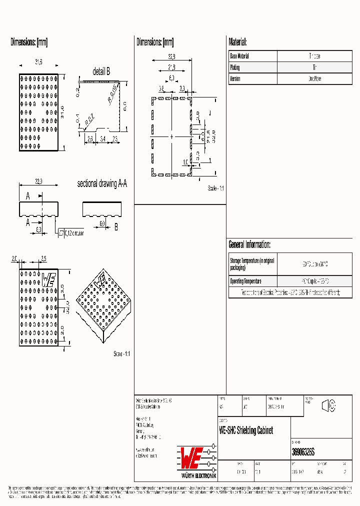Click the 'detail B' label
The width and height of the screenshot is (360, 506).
pyautogui.click(x=101, y=71)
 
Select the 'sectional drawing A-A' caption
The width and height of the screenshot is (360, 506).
pyautogui.click(x=102, y=184)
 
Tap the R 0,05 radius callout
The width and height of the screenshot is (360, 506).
pyautogui.click(x=112, y=93)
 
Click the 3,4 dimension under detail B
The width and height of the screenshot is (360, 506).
pyautogui.click(x=102, y=138)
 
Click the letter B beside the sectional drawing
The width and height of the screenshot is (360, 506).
pyautogui.click(x=116, y=227)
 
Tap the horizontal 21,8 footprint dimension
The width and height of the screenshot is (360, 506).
pyautogui.click(x=171, y=67)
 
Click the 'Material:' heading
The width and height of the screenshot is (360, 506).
pyautogui.click(x=237, y=42)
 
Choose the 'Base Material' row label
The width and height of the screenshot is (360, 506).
pyautogui.click(x=239, y=56)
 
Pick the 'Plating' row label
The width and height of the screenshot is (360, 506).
pyautogui.click(x=234, y=67)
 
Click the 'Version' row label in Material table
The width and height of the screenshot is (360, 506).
pyautogui.click(x=235, y=79)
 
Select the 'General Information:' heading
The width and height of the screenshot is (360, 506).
pyautogui.click(x=249, y=244)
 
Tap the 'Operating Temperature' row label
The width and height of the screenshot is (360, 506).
pyautogui.click(x=245, y=281)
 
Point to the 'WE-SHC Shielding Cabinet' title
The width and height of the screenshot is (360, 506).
pyautogui.click(x=246, y=430)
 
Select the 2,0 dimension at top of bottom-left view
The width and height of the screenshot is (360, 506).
pyautogui.click(x=14, y=259)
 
